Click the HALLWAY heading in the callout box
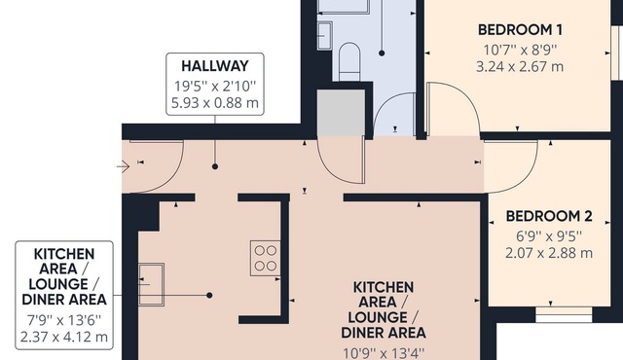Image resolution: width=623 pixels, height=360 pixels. click(x=214, y=65)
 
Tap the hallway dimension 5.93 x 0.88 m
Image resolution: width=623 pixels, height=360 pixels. click(x=214, y=100)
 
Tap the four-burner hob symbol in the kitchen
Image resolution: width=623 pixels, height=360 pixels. click(x=265, y=258)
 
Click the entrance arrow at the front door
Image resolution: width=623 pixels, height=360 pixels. click(x=123, y=167)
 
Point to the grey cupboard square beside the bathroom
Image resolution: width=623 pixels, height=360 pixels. click(x=340, y=112)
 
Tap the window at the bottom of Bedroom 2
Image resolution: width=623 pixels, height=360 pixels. click(x=564, y=315)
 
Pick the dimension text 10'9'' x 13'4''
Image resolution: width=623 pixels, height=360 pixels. click(x=384, y=351)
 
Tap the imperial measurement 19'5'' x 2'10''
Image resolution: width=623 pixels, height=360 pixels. click(x=214, y=84)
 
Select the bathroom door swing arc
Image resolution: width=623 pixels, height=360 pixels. click(x=394, y=117)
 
